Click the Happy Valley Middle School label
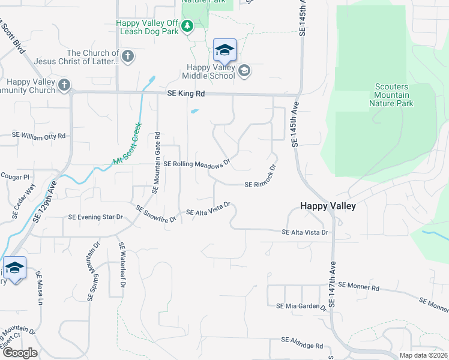209,72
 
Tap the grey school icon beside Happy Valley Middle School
244,71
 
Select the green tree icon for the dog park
187,26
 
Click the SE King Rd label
185,94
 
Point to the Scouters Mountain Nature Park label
391,95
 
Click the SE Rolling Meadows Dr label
197,163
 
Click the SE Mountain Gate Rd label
155,162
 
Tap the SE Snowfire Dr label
155,214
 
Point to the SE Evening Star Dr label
95,217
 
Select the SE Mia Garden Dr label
301,306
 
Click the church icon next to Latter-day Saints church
127,57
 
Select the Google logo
20,353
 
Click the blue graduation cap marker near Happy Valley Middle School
224,50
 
